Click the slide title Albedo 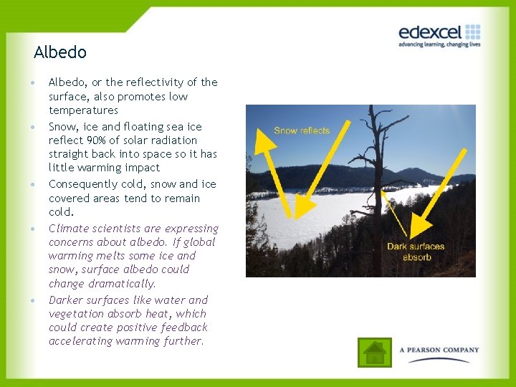60,52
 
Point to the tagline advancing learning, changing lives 439,44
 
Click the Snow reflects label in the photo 302,130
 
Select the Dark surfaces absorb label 416,252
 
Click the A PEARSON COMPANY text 439,350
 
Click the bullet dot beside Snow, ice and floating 34,127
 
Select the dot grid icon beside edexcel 472,32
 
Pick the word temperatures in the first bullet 83,110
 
